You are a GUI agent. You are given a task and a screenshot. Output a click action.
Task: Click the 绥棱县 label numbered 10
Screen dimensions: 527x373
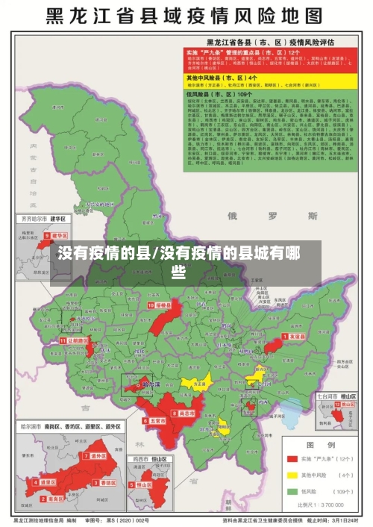click(162, 305)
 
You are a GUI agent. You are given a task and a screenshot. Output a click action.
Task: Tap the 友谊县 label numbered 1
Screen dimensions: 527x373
click(295, 337)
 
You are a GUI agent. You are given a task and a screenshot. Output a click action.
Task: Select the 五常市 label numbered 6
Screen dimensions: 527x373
click(155, 421)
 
